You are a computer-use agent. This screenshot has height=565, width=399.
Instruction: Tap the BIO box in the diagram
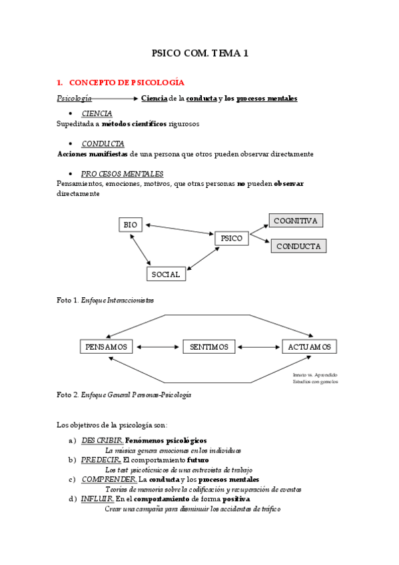click(131, 225)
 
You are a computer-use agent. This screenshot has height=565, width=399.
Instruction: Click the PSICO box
click(231, 238)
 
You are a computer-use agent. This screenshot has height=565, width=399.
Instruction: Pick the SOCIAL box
click(166, 274)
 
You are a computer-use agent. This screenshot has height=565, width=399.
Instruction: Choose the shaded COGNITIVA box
click(295, 221)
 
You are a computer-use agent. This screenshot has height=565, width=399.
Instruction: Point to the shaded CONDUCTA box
click(298, 246)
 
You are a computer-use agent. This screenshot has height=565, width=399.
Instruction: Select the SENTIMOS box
click(208, 347)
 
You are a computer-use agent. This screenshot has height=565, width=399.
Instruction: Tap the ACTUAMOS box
click(309, 347)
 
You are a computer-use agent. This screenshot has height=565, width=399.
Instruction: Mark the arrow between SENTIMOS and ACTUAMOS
click(258, 347)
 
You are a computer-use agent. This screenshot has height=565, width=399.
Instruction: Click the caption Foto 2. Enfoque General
click(124, 394)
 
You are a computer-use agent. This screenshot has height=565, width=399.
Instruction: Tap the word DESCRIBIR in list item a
click(101, 440)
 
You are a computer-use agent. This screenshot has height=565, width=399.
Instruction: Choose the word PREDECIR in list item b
click(101, 460)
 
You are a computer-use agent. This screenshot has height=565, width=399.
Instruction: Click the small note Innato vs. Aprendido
click(315, 375)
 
